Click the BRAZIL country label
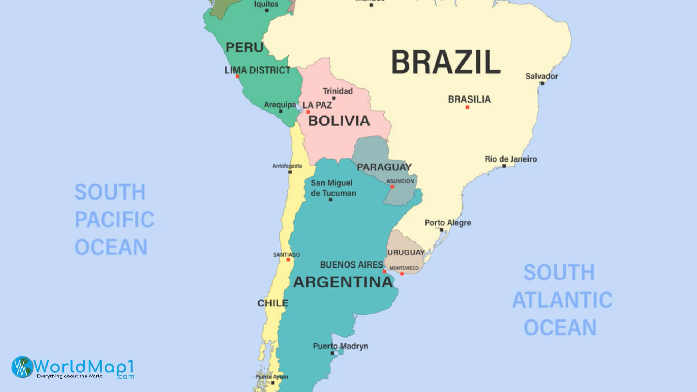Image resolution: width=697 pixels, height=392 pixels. [x=446, y=62]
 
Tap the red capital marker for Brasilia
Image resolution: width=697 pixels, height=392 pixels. [x=467, y=107]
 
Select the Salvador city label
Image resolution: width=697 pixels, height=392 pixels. [x=541, y=76]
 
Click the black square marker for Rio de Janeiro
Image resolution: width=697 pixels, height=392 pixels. [x=504, y=166]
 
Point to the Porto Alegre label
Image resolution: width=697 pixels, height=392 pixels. [x=448, y=223]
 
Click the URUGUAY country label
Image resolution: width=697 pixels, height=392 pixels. [x=405, y=252]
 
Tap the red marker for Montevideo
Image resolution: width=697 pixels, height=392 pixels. [x=402, y=274]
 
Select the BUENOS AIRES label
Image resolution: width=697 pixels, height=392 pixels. [x=351, y=265]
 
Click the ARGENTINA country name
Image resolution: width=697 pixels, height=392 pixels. [x=343, y=282]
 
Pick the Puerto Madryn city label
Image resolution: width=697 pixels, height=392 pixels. [x=340, y=346]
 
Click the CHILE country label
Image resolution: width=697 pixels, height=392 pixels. [x=272, y=303]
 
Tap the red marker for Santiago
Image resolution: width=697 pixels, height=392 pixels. [x=288, y=260]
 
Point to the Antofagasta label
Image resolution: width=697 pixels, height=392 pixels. [x=287, y=166]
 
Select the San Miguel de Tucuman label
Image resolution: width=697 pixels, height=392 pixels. [x=333, y=188]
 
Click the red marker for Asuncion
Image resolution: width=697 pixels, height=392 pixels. [x=392, y=187]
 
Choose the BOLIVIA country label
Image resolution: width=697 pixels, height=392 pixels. [x=339, y=121]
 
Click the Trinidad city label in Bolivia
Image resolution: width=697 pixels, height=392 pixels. [x=338, y=91]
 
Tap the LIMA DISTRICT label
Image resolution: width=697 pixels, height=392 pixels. [x=257, y=70]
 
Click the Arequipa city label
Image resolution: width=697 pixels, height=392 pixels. [x=280, y=105]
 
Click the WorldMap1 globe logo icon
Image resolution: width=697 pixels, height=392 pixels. [x=22, y=367]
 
